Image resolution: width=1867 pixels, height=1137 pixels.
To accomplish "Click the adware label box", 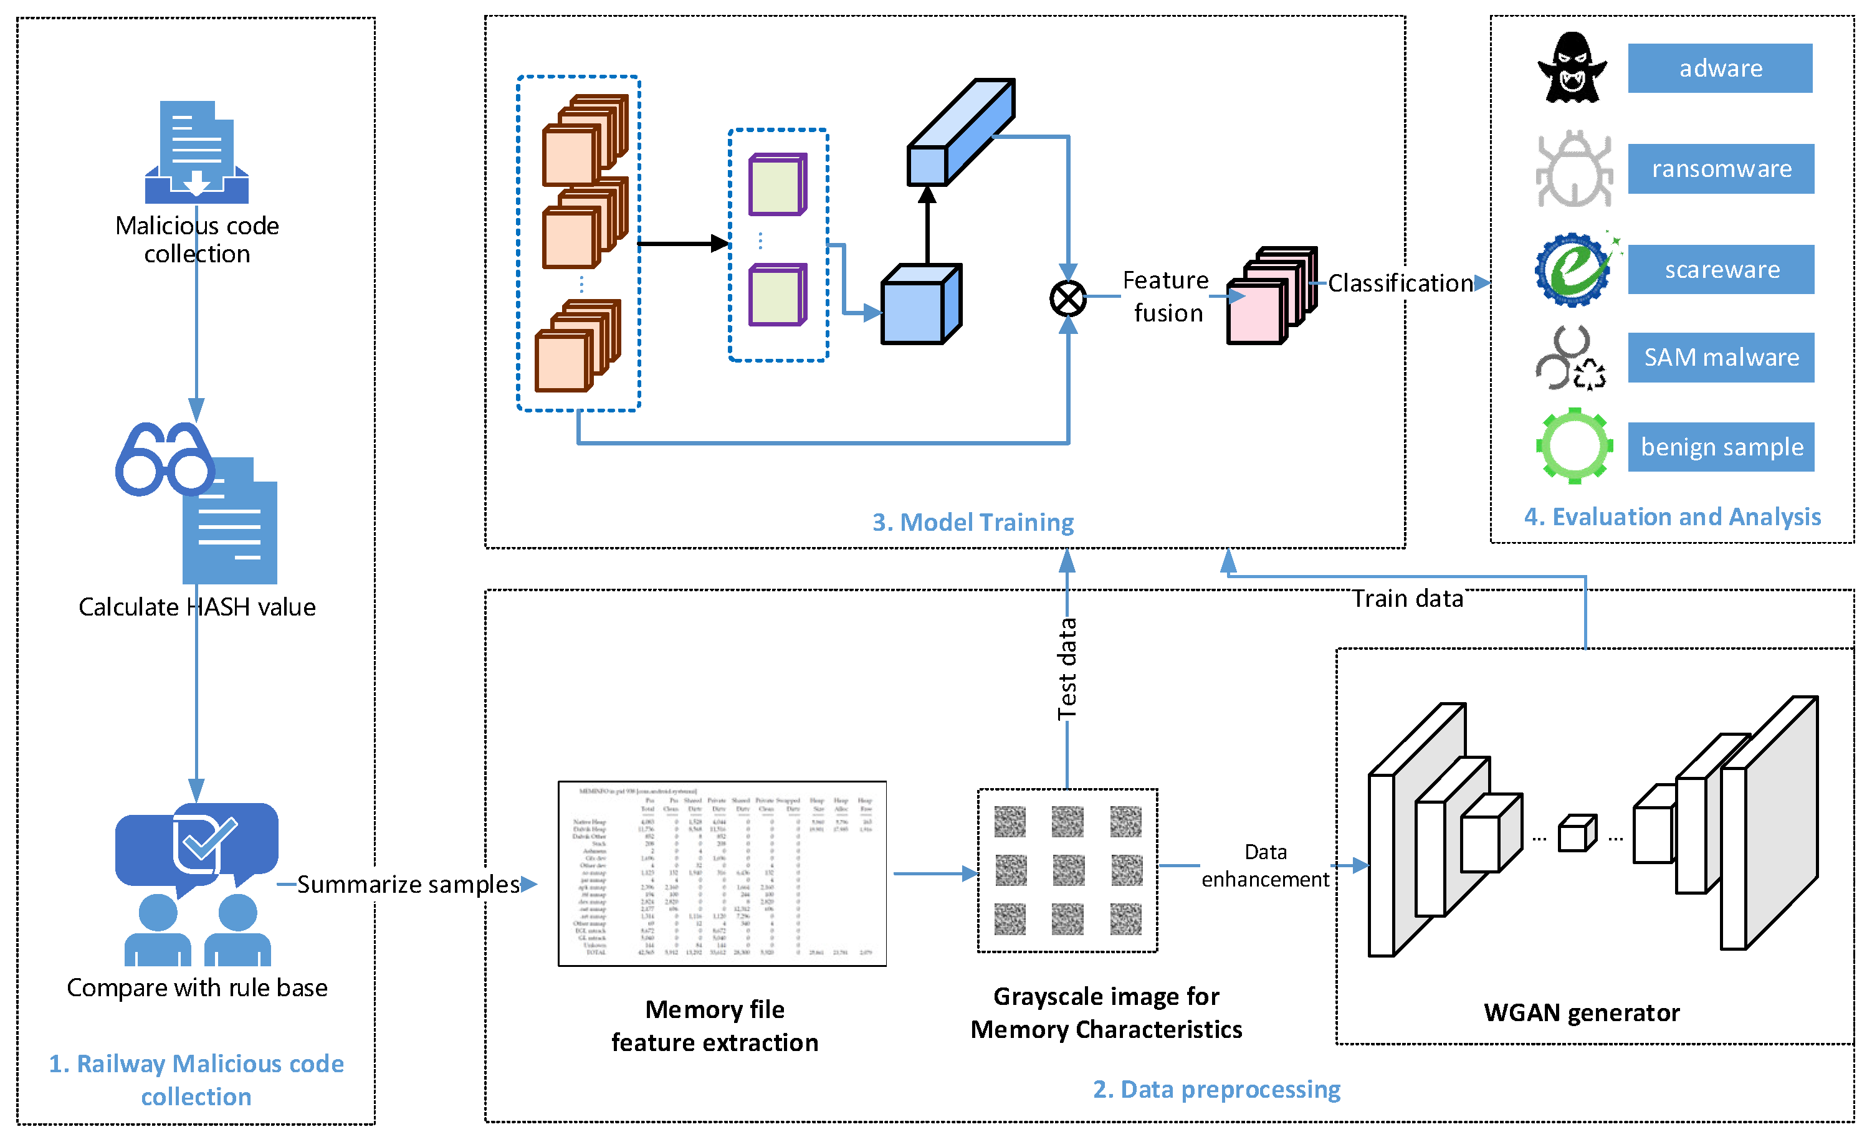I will [x=1719, y=68].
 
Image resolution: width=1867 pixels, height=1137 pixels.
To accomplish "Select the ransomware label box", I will [x=1720, y=168].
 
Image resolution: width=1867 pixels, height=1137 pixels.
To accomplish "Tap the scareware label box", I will [x=1720, y=269].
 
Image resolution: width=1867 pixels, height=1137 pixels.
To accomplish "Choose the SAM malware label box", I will [x=1720, y=357].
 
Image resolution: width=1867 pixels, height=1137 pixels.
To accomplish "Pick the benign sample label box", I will [x=1720, y=446].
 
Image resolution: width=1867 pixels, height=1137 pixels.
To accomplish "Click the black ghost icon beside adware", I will [x=1572, y=68].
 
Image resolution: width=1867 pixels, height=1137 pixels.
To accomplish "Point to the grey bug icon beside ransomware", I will [x=1573, y=169].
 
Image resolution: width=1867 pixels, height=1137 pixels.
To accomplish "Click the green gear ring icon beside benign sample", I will [x=1573, y=445].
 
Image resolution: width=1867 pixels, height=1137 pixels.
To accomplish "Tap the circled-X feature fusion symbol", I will [x=1067, y=298].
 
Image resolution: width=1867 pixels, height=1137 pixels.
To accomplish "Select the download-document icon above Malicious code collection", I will [x=196, y=151].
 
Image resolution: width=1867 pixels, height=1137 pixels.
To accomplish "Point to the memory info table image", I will [x=722, y=873].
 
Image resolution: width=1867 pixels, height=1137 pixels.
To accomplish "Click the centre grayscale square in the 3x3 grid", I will [x=1067, y=870].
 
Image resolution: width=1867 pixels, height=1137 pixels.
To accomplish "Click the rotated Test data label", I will [x=1066, y=669].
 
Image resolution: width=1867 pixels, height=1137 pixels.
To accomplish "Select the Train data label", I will [x=1408, y=599].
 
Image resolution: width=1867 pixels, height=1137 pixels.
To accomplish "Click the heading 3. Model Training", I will [x=972, y=522].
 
